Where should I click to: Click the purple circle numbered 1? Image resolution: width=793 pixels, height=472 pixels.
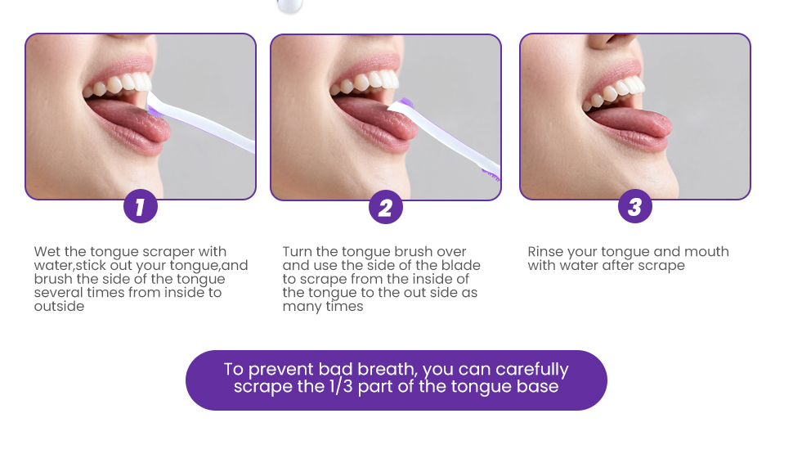click(x=141, y=206)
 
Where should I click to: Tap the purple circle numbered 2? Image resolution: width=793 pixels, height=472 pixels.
click(x=385, y=208)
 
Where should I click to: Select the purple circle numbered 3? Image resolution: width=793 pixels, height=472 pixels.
click(x=634, y=206)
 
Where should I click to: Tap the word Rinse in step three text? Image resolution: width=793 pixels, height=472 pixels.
click(x=545, y=251)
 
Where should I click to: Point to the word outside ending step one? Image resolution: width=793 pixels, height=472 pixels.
click(x=59, y=306)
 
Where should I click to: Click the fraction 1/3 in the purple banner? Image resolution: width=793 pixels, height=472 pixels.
click(x=341, y=386)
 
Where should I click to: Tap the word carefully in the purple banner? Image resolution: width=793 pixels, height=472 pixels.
click(x=532, y=370)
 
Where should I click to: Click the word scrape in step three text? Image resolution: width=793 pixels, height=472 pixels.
click(x=662, y=266)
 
